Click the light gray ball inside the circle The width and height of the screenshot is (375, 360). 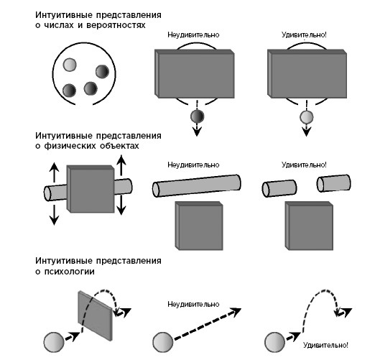pos(70,65)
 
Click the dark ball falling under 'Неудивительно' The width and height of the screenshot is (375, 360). pos(197,116)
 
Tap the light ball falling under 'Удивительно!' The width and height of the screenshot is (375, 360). pos(307,117)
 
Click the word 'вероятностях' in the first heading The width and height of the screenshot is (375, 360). pos(116,25)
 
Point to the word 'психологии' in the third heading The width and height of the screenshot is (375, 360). pos(70,272)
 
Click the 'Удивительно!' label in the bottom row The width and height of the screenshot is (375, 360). pos(325,345)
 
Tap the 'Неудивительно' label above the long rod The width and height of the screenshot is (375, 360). pos(193,165)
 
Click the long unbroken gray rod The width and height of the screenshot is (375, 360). pos(197,186)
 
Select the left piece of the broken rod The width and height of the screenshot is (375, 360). pos(279,188)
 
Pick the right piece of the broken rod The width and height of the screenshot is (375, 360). pos(333,183)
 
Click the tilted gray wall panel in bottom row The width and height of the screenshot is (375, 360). pos(96,315)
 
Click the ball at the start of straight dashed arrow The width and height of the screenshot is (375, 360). pos(163,342)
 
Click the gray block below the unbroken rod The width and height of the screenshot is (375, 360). pos(199,226)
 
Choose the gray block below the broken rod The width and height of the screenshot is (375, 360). pos(309,226)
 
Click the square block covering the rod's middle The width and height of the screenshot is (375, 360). pos(91,189)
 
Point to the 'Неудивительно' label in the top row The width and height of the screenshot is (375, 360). pos(193,35)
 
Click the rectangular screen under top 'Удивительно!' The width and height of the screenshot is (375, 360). pos(307,74)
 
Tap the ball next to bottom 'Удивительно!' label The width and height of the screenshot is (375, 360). pos(275,342)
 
